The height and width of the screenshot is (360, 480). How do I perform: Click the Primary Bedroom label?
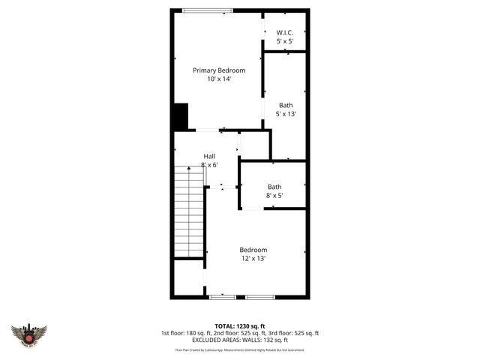point(219,70)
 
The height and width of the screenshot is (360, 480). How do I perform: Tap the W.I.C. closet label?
point(284,33)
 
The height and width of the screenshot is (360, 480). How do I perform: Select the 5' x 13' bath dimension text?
point(286,115)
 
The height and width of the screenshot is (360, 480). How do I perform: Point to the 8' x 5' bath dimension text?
point(274,196)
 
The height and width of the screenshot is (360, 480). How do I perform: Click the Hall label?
point(209,156)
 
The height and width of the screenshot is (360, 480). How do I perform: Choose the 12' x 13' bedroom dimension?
point(253,259)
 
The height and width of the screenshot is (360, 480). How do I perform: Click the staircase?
point(189,212)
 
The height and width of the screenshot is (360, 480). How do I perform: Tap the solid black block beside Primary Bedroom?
point(180,116)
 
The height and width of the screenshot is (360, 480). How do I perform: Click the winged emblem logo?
point(28,335)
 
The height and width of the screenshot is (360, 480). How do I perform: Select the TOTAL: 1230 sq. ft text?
point(239,326)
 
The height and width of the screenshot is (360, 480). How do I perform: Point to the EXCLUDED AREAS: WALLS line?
point(239,340)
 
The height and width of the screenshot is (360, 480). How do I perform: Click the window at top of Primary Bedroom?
point(207,10)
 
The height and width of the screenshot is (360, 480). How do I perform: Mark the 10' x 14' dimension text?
point(219,79)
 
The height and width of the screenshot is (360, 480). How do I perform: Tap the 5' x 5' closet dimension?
point(284,41)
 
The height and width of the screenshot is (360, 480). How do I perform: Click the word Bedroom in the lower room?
point(253,250)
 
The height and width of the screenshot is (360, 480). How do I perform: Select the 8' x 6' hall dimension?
point(209,165)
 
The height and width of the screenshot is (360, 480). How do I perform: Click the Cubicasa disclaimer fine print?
point(239,349)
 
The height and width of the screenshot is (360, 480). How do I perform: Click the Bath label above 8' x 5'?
point(274,187)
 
